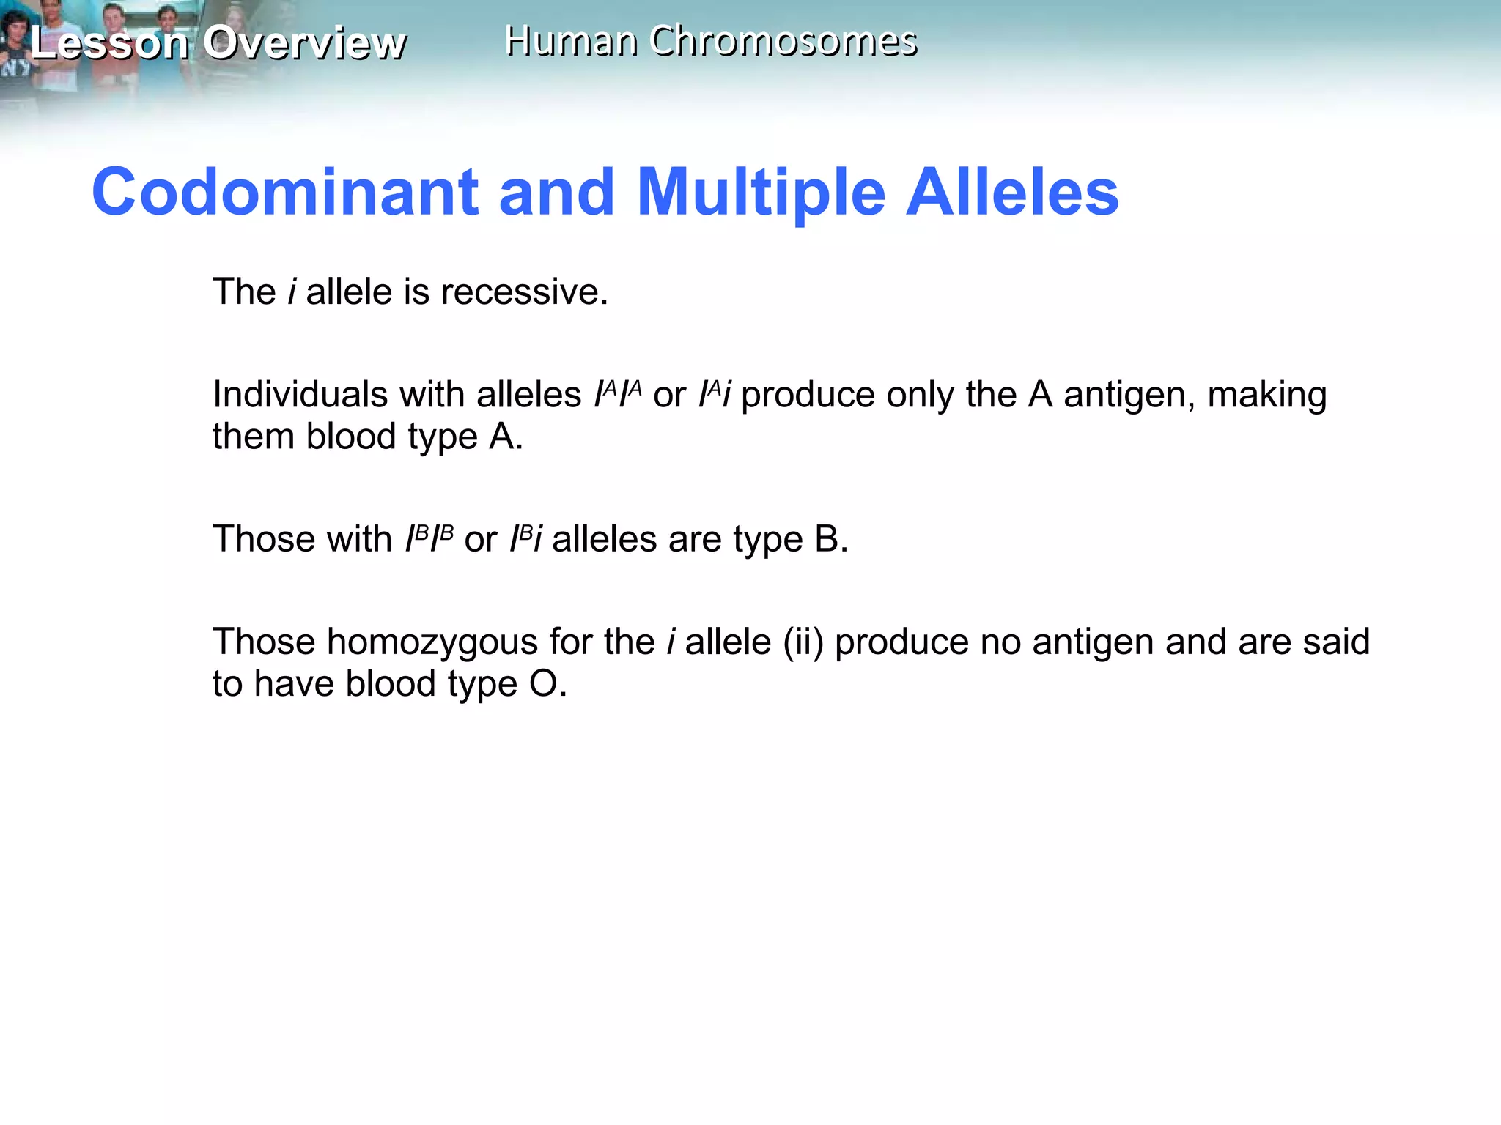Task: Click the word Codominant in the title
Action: click(x=285, y=192)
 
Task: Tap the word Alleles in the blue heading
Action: click(x=1012, y=192)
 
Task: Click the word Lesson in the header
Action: click(x=110, y=42)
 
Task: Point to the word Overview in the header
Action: click(x=304, y=42)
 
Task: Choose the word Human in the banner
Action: click(x=570, y=41)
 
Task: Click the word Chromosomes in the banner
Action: click(x=783, y=41)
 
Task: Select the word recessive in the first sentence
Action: click(x=525, y=292)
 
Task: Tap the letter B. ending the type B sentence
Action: click(x=831, y=539)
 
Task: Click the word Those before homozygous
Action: click(x=264, y=642)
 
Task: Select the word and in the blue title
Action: click(x=556, y=192)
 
